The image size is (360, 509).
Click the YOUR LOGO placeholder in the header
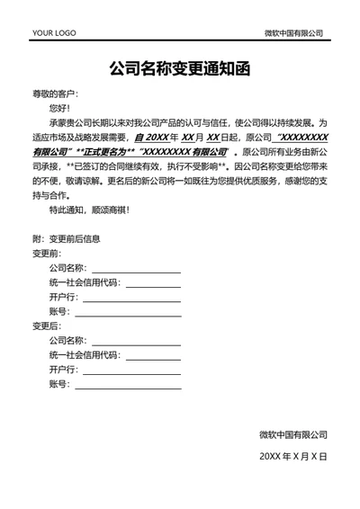click(x=54, y=33)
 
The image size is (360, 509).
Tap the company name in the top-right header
click(x=293, y=32)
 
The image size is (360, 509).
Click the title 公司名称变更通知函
click(x=179, y=68)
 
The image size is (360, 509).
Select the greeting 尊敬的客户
click(x=56, y=94)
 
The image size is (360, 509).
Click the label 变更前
click(x=46, y=254)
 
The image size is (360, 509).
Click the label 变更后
click(x=46, y=326)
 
